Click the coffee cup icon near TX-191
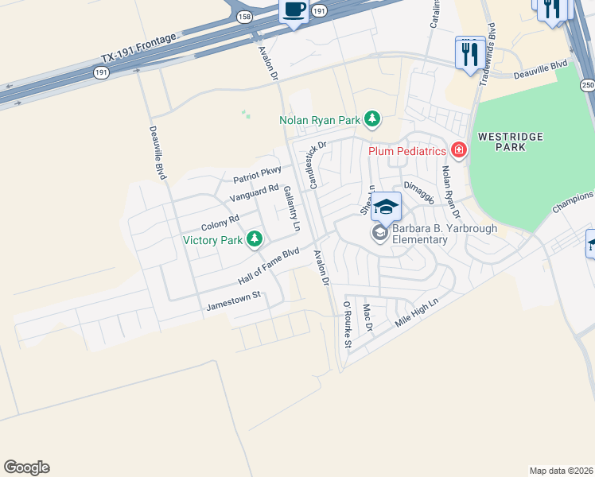pos(294,10)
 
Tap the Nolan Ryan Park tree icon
pos(371,120)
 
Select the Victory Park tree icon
pos(254,238)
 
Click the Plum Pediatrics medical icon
pos(458,149)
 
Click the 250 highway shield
pos(587,85)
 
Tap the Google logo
pos(26,467)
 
